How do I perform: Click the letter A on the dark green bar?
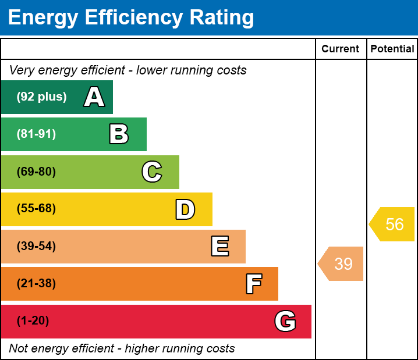[x=94, y=97]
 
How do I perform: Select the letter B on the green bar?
[x=119, y=134]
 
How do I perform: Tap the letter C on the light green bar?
[x=152, y=172]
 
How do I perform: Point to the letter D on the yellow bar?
[x=185, y=209]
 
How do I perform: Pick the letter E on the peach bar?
[x=219, y=247]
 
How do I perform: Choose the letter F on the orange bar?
[x=253, y=284]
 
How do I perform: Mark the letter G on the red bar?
[x=285, y=321]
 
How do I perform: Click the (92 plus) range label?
[x=41, y=97]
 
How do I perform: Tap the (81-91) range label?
[x=36, y=134]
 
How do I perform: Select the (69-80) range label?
[x=36, y=172]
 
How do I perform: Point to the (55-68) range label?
[x=36, y=209]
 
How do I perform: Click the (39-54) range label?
[x=36, y=246]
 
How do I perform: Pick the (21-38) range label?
[x=36, y=283]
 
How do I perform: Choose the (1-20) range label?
[x=33, y=320]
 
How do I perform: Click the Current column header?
[x=341, y=49]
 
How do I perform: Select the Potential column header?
[x=392, y=49]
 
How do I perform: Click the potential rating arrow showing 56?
[x=392, y=224]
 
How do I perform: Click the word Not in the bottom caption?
[x=18, y=348]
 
